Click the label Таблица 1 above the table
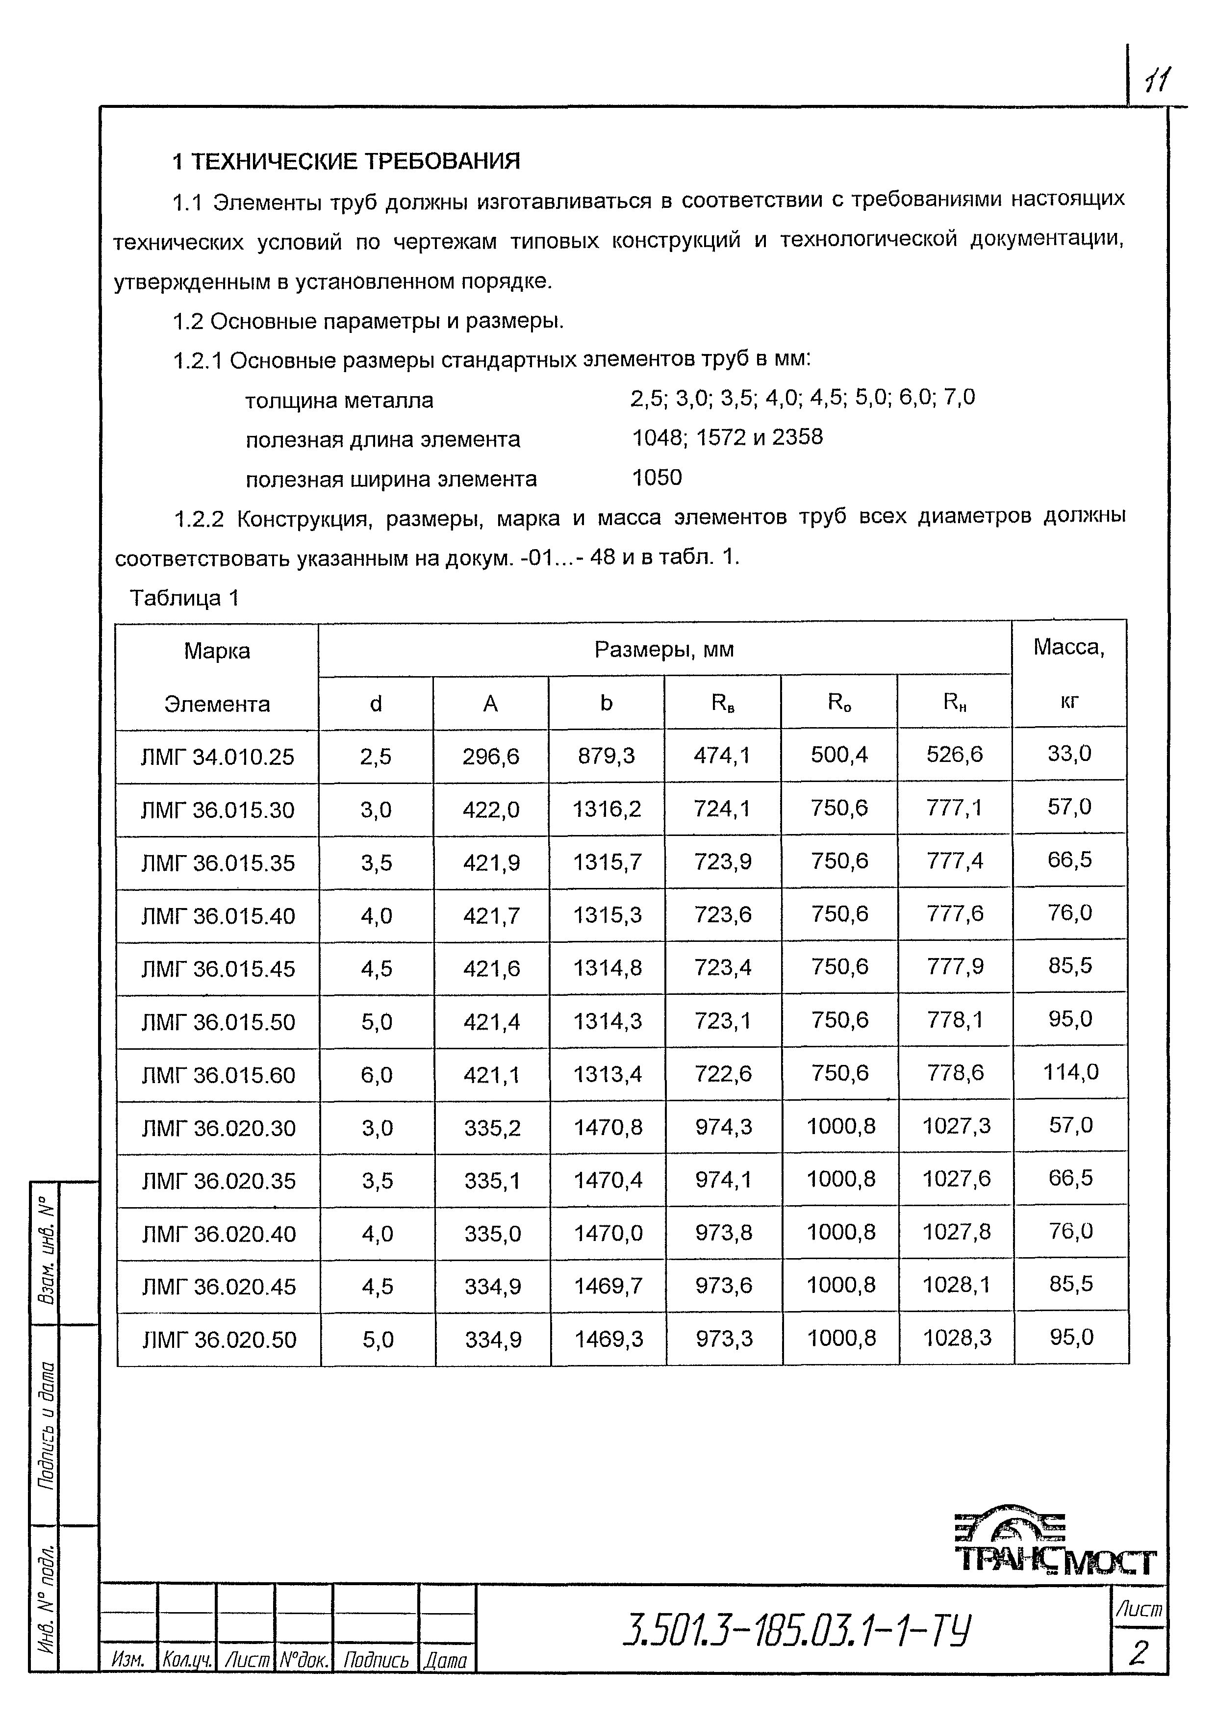184,598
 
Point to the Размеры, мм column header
664,650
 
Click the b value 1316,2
607,809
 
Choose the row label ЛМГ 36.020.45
219,1286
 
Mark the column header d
376,704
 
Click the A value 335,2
492,1127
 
